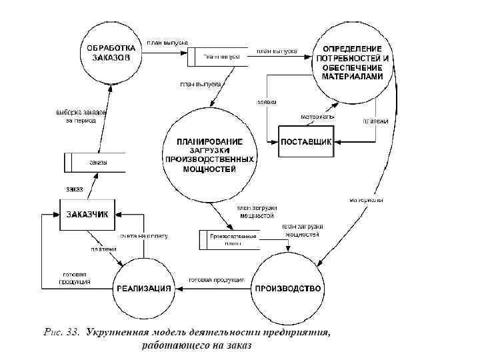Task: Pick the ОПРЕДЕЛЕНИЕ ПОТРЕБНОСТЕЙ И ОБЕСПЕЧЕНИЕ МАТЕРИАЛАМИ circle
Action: click(352, 63)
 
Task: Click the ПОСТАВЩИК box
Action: click(305, 141)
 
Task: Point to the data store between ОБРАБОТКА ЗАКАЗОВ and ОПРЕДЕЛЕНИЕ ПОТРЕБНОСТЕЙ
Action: click(218, 58)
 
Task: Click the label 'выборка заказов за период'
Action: click(81, 117)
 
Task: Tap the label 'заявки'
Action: click(267, 102)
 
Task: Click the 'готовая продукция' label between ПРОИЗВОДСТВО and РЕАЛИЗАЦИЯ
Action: click(217, 280)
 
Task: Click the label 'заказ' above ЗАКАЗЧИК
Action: click(75, 189)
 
